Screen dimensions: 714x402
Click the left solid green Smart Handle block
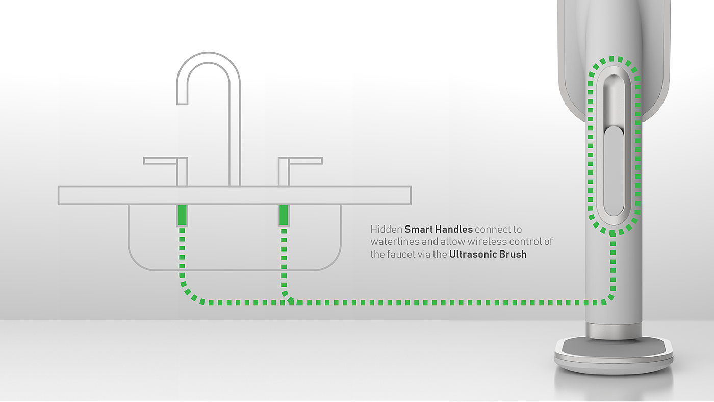[x=182, y=215]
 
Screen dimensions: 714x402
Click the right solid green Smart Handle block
[x=284, y=215]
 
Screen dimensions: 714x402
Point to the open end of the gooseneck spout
[x=182, y=104]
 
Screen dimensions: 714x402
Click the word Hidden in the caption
[x=386, y=230]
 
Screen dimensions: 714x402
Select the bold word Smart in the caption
[x=418, y=230]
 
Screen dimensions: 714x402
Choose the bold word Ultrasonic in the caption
[x=474, y=254]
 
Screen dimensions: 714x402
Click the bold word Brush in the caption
[x=514, y=254]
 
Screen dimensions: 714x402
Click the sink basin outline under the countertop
[x=235, y=269]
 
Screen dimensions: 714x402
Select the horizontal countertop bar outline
[x=235, y=195]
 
